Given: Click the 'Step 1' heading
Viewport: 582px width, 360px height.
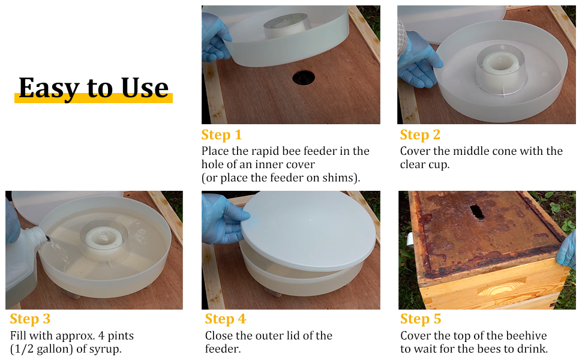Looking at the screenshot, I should (221, 135).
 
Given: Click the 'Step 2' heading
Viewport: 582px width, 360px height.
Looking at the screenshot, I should (420, 135).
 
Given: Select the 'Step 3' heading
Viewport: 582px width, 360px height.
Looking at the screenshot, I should (29, 319).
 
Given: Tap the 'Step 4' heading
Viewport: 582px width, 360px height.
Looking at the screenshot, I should (226, 319).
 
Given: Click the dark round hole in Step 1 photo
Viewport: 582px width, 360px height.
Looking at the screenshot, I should (303, 77).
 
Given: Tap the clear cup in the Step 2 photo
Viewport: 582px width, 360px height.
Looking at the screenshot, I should (502, 67).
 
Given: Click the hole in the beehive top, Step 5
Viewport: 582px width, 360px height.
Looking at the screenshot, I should (477, 212).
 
